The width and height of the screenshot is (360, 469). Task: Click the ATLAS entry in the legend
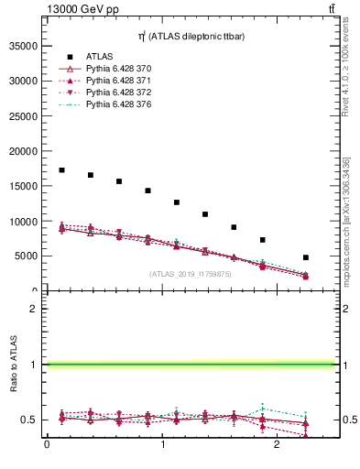(x=100, y=57)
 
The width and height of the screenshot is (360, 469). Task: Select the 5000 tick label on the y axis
(x=27, y=256)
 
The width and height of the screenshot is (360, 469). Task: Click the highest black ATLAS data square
(x=61, y=170)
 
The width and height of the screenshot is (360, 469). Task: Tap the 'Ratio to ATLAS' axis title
(x=14, y=364)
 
